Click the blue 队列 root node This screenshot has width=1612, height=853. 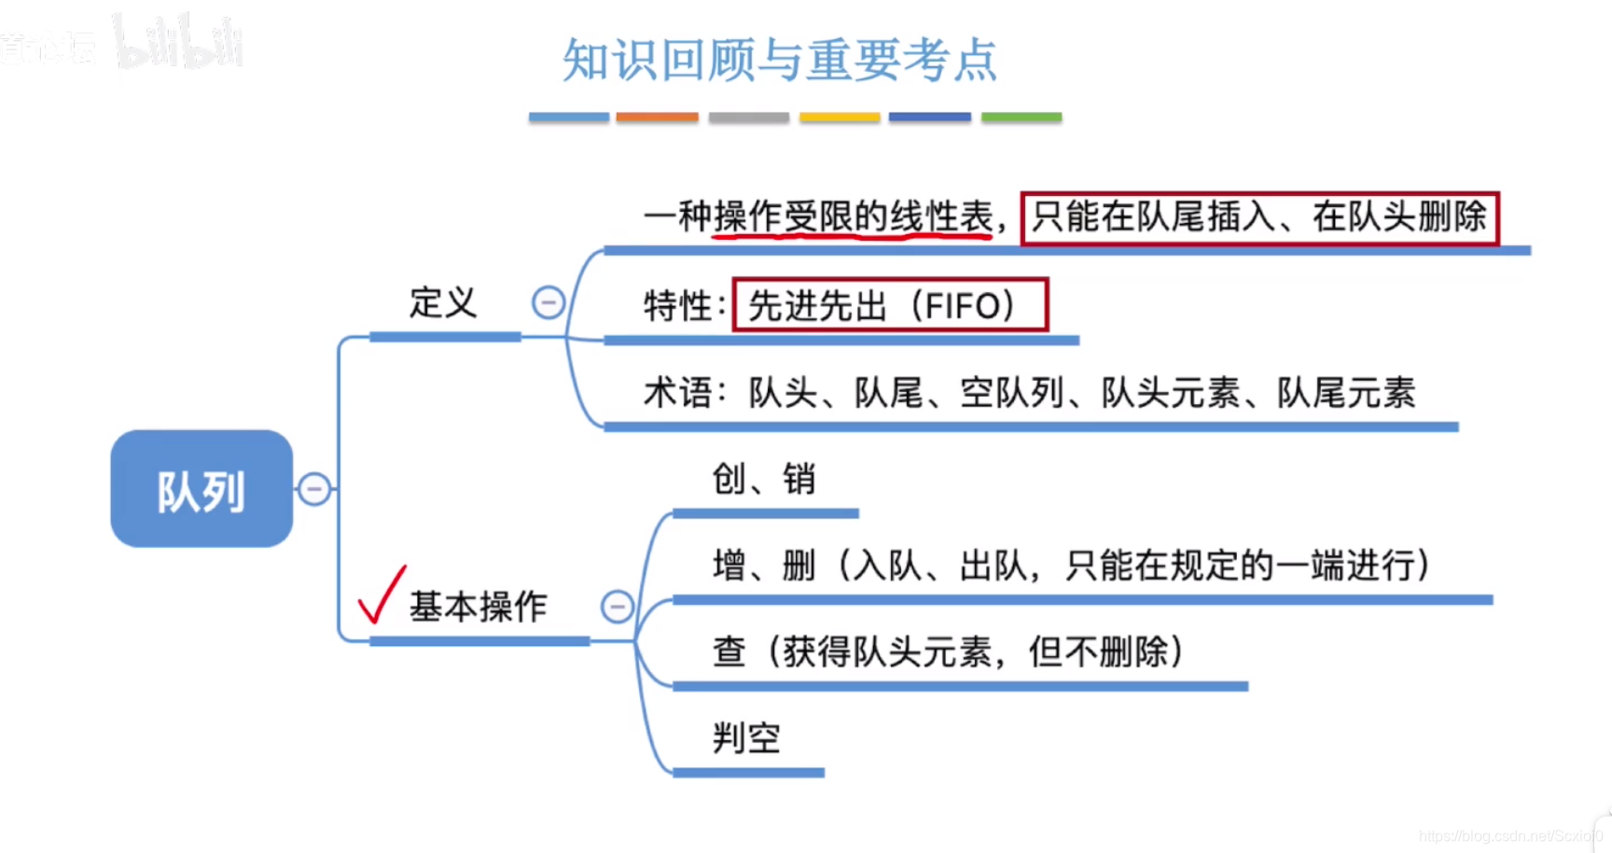point(201,489)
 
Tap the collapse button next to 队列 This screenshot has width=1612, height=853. point(314,488)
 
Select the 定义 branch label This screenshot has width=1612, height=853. point(443,303)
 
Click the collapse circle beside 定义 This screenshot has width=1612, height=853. point(549,302)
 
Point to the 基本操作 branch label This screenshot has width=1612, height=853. point(478,607)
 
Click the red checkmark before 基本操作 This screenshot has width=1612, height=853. point(382,594)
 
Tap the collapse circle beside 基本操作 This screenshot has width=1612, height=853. point(617,607)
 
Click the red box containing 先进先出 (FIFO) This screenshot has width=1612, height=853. point(890,305)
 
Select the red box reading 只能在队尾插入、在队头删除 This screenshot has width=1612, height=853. point(1259,218)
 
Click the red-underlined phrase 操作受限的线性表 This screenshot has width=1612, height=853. point(853,217)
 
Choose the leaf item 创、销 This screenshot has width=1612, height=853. point(764,480)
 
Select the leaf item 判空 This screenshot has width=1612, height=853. point(746,738)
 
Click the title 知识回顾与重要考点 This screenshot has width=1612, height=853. point(780,61)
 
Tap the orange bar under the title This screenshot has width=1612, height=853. point(657,118)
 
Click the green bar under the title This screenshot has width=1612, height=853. point(1021,118)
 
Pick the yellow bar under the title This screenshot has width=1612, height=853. point(839,118)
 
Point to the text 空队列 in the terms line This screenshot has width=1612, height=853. point(1012,393)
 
